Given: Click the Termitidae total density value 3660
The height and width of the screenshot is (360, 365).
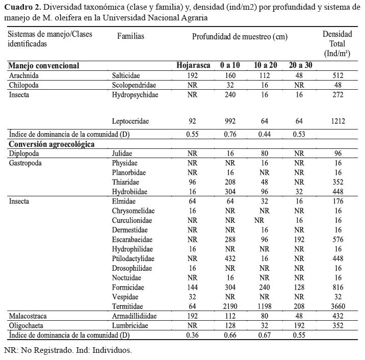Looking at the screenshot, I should tap(337, 306).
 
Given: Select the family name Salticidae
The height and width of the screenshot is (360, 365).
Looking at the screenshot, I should tap(125, 75).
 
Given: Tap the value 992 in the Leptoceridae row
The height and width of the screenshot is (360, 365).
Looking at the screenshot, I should tap(229, 121).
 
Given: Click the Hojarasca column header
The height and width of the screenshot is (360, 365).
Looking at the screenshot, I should tap(193, 66).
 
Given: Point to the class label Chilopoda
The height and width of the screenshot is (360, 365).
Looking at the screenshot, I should tap(24, 85).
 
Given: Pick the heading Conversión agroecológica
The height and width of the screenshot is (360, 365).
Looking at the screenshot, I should tap(51, 144).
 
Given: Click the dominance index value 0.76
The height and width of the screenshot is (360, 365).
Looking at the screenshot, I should tap(229, 134).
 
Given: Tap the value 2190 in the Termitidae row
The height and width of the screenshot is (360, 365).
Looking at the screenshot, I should tap(229, 306).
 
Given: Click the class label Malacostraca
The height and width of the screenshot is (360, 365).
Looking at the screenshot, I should tap(29, 316).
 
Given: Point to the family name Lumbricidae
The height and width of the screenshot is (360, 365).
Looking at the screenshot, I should tap(129, 325).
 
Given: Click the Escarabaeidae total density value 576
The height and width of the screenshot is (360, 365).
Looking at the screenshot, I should tap(337, 239).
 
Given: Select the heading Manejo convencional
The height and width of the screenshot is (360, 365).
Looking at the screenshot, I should tap(43, 66).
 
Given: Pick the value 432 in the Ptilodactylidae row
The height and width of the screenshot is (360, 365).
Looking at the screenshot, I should tap(229, 259).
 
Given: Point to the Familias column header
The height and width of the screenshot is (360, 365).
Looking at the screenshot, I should tap(131, 36).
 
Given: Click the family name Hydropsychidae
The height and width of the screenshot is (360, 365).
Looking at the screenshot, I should tap(135, 95).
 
